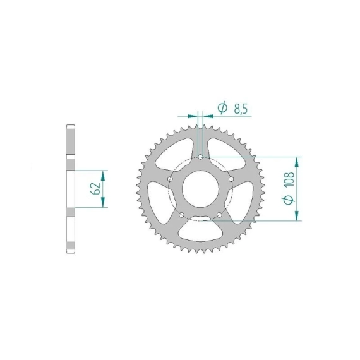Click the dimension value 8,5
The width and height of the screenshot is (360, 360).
pos(241,109)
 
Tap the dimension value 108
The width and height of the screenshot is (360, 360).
pos(289,179)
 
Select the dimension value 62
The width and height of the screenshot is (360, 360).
pos(96,188)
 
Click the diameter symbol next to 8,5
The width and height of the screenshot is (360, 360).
pos(222,108)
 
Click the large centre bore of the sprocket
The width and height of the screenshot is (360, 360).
pos(200,189)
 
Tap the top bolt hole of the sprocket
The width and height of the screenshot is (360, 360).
pos(201,157)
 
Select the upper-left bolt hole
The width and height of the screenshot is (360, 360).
pos(170,179)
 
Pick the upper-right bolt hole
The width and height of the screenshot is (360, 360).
pos(231,179)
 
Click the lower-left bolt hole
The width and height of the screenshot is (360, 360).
pos(182,215)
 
